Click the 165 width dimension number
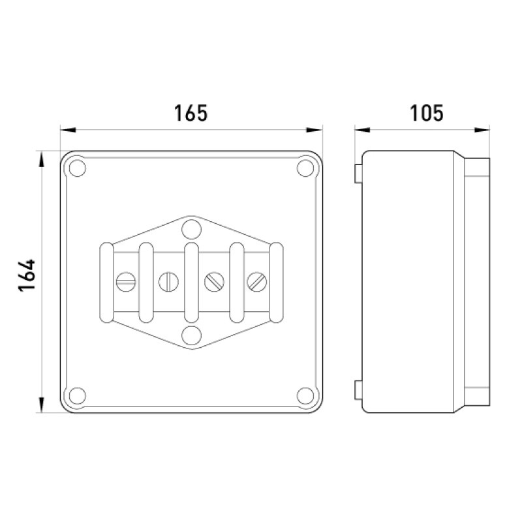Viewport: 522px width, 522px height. tap(191, 113)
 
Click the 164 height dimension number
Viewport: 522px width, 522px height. tap(27, 275)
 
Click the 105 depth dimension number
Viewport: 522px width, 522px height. tap(427, 113)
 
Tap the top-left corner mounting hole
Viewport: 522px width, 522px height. tap(77, 168)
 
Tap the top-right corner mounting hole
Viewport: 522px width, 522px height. tap(305, 168)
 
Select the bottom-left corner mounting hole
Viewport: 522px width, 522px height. tap(77, 396)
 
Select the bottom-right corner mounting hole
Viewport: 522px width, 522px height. tap(305, 396)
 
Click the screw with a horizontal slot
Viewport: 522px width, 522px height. tap(126, 282)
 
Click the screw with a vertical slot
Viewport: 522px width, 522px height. tap(168, 282)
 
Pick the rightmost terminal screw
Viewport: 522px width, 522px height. tap(256, 282)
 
